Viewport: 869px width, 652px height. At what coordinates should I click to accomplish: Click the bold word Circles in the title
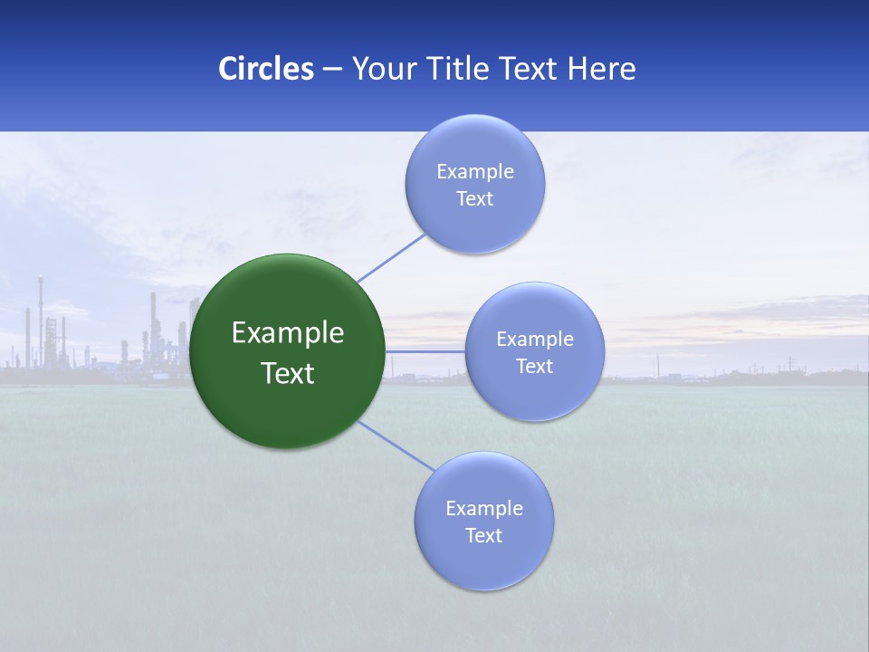[x=265, y=69]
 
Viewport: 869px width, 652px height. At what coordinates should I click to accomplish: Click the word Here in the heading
[x=602, y=69]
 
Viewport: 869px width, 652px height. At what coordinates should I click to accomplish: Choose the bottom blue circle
[x=484, y=561]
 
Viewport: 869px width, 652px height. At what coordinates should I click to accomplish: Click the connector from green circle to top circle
[x=391, y=257]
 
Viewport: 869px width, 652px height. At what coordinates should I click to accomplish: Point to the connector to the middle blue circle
[x=425, y=351]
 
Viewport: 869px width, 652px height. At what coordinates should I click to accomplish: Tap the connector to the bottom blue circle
[x=396, y=446]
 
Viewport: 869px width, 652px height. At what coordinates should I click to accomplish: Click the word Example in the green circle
[x=288, y=333]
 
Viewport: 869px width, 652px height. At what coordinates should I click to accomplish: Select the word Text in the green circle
[x=288, y=373]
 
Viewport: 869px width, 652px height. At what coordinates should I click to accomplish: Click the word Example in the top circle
[x=475, y=172]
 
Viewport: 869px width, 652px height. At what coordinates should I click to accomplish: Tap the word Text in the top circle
[x=475, y=199]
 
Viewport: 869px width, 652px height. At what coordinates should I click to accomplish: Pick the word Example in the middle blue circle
[x=535, y=340]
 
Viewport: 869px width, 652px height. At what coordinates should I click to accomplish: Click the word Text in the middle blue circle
[x=535, y=367]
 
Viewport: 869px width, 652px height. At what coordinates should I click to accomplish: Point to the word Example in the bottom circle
[x=484, y=509]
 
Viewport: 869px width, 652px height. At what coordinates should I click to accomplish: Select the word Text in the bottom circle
[x=484, y=536]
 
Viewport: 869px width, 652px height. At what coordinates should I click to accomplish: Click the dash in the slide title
[x=332, y=70]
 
